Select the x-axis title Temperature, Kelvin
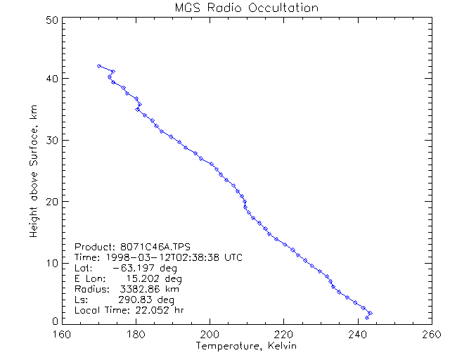246,347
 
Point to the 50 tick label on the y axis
51,20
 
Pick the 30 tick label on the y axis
51,140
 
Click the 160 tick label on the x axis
63,334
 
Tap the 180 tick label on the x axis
136,334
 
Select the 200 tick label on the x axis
210,334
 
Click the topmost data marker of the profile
99,66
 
